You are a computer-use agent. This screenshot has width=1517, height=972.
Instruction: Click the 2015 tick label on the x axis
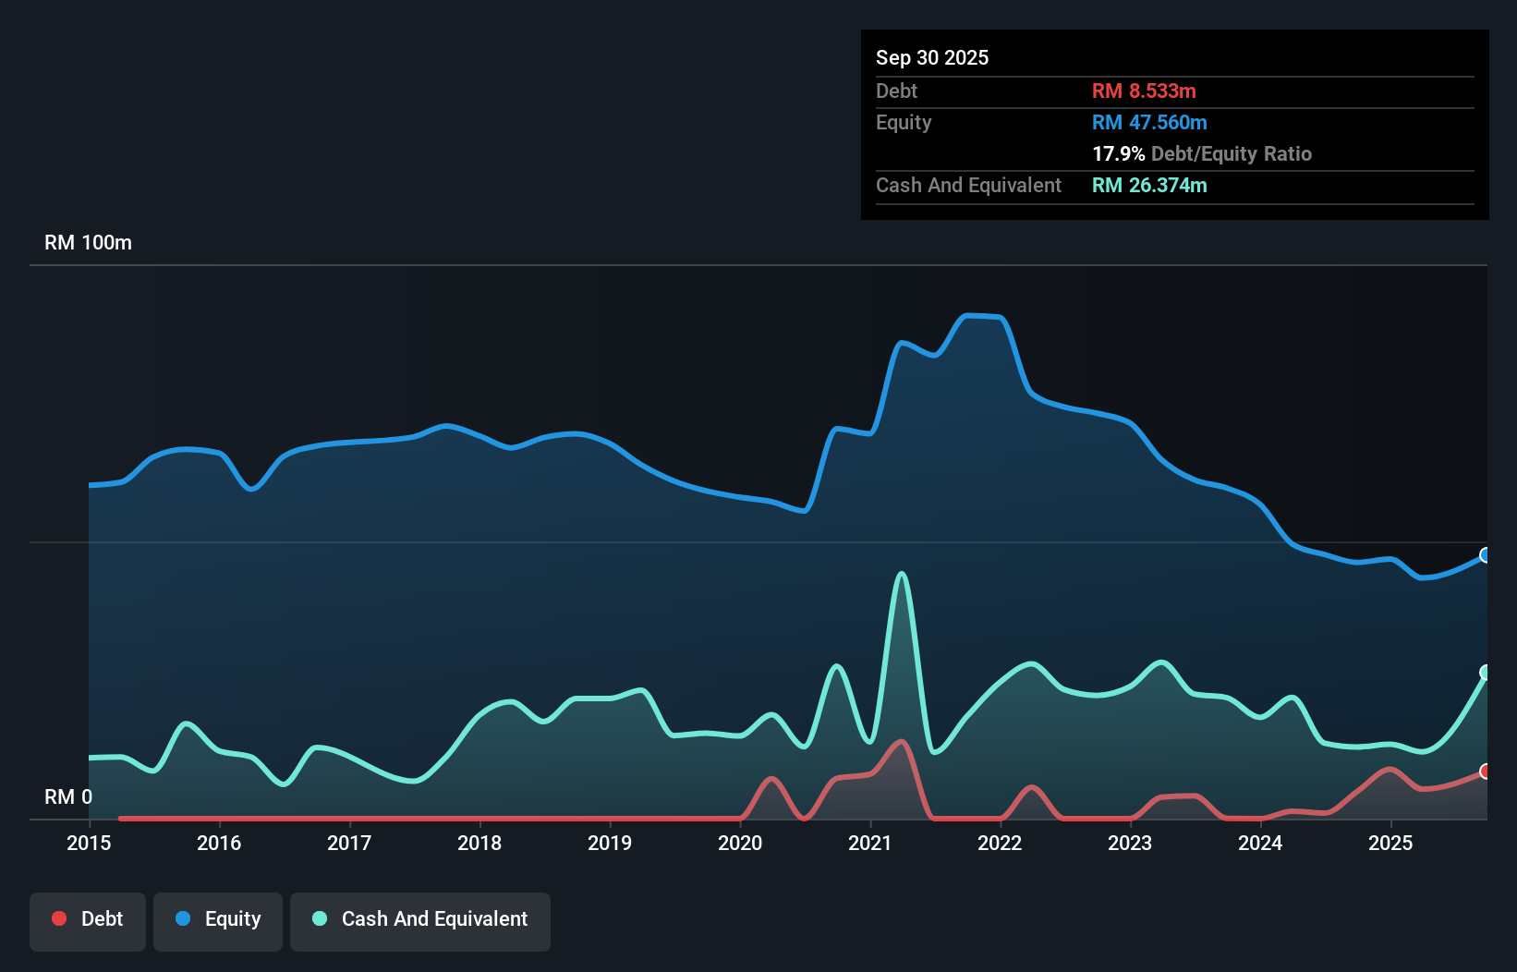tap(89, 843)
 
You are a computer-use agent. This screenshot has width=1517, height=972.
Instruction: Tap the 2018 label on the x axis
tap(479, 843)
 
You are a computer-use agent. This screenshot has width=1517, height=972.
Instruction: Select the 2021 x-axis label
tap(869, 843)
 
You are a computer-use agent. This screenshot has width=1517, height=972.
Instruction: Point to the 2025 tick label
tap(1390, 843)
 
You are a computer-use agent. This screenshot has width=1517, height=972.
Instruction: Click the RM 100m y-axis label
tap(88, 243)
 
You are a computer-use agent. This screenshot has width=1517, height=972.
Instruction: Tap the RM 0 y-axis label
tap(68, 796)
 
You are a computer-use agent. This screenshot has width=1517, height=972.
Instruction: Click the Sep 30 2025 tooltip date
tap(931, 57)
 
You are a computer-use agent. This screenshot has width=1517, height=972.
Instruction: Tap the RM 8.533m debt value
tap(1143, 91)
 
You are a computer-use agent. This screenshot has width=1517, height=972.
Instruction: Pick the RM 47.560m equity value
tap(1148, 122)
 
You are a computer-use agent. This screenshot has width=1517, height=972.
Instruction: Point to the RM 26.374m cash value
tap(1148, 185)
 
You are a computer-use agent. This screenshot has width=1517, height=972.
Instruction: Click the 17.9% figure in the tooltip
tap(1118, 153)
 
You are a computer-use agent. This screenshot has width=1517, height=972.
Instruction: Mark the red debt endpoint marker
tap(1486, 771)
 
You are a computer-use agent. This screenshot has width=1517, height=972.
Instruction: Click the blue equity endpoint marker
tap(1486, 555)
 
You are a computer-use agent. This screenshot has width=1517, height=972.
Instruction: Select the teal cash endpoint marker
tap(1486, 672)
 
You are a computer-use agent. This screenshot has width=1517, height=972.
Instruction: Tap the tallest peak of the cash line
tap(902, 574)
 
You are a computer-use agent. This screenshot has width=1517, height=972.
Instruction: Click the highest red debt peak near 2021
tap(901, 741)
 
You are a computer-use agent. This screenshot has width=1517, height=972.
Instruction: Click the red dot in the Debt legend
tap(59, 918)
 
